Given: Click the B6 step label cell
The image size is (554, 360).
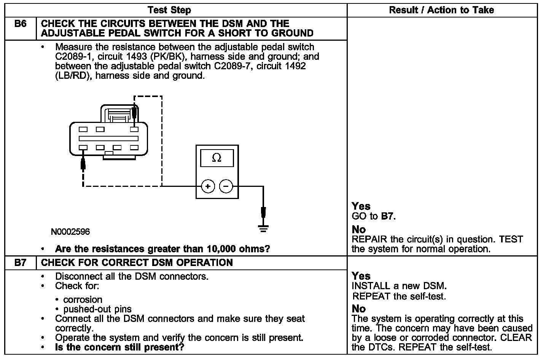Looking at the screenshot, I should [x=21, y=24].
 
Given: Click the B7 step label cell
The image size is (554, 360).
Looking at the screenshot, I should [x=21, y=263].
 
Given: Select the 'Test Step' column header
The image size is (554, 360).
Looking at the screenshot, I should [x=169, y=10].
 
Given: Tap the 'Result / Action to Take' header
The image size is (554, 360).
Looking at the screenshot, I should [x=441, y=10].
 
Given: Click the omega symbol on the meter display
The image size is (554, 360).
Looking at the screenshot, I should [x=217, y=158].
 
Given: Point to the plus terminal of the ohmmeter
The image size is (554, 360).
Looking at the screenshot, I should [x=208, y=186].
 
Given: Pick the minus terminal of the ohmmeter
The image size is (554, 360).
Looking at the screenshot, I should [x=226, y=186].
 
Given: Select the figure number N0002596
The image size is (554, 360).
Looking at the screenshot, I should [x=71, y=232].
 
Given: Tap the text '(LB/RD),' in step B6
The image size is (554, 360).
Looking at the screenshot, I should [x=74, y=76].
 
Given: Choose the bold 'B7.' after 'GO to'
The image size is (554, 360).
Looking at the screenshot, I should [x=388, y=217].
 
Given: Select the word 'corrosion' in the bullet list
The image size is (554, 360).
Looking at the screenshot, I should [x=83, y=300].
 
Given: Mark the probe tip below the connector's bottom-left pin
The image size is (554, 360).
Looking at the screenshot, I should [x=83, y=164].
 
